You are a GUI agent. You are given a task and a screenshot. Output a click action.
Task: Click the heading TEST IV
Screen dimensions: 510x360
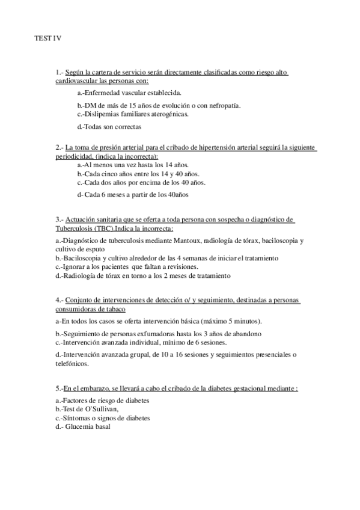[x=47, y=38]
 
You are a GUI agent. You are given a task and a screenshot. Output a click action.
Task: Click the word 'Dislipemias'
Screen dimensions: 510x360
[x=101, y=114]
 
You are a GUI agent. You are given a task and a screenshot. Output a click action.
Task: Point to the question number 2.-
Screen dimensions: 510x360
[x=59, y=147]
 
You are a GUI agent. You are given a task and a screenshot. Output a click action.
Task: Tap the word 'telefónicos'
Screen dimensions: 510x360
[x=72, y=363]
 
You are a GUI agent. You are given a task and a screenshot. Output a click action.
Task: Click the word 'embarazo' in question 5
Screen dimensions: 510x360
[x=97, y=389]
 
